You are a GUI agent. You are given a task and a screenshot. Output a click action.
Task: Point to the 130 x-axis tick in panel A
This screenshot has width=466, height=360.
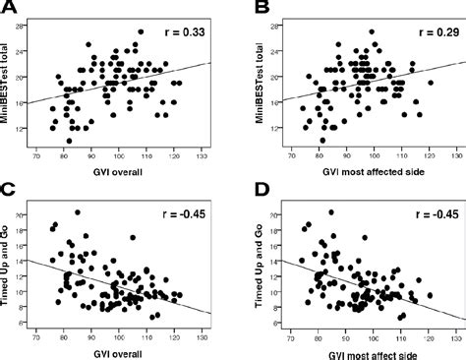pos(202,156)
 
